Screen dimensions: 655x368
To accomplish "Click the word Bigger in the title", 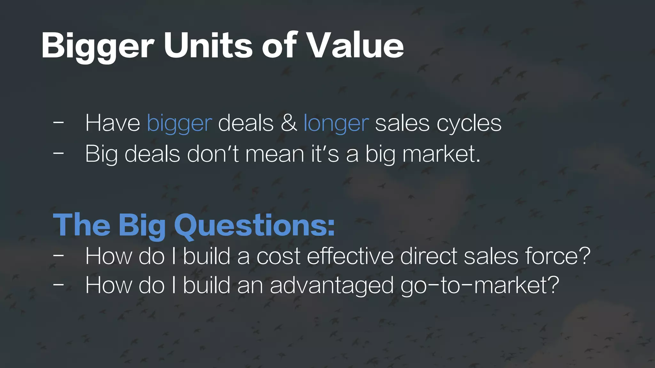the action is coord(98,46).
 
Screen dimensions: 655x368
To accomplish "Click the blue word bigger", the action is coord(179,124).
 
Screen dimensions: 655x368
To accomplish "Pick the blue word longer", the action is coord(336,124).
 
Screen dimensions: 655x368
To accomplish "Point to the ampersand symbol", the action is coord(289,123).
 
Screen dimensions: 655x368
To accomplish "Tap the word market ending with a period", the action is coord(441,154).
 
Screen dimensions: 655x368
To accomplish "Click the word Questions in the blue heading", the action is coord(255,225).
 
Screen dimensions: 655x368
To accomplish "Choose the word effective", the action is coord(350,256).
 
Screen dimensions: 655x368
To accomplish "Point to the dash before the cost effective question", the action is coord(58,255).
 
